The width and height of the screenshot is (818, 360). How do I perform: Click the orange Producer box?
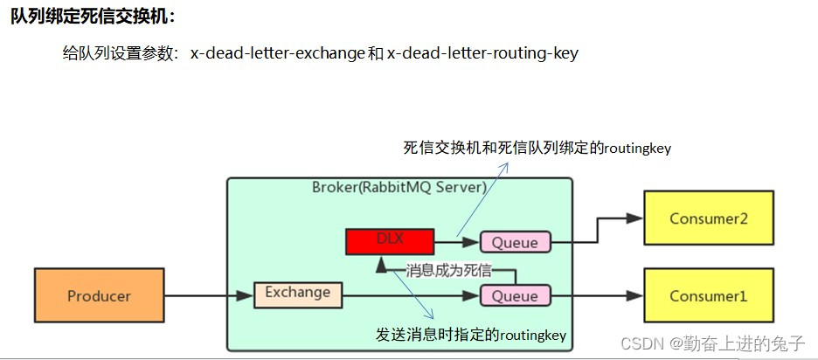[x=99, y=296]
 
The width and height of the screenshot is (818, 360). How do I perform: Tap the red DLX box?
[x=388, y=240]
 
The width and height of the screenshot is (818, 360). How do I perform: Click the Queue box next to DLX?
[x=515, y=242]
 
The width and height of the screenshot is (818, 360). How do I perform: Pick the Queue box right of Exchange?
[x=515, y=295]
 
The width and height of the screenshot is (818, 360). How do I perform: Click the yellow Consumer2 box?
[x=708, y=218]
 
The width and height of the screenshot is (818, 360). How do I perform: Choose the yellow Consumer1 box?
[x=708, y=296]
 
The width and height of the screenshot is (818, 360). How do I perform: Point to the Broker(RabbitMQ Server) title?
[x=399, y=188]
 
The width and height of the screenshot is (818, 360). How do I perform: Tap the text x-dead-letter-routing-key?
[x=482, y=53]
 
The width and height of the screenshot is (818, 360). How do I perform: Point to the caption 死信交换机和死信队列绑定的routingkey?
[x=537, y=148]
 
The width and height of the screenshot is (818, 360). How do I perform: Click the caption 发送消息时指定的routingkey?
[x=471, y=335]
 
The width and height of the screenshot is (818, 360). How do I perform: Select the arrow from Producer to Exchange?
[x=209, y=296]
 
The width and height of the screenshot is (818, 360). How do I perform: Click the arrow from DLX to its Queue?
[x=455, y=240]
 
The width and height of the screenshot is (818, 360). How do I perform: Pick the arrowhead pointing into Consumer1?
[x=634, y=296]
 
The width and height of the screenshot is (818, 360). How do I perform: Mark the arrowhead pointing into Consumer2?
[x=634, y=218]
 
